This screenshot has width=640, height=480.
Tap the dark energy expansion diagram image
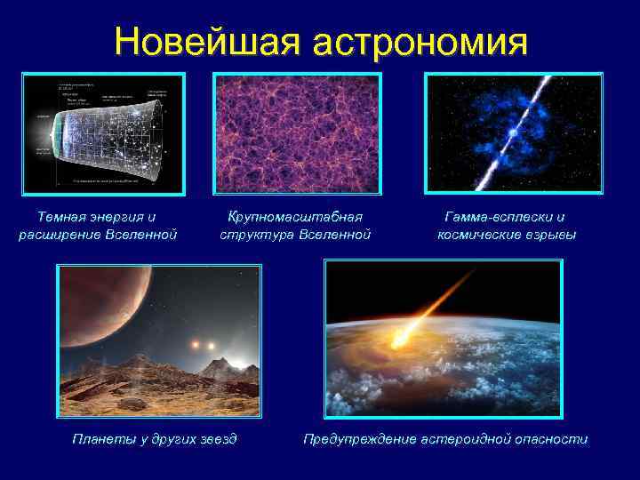point(103,133)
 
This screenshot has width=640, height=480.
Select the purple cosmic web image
point(297,133)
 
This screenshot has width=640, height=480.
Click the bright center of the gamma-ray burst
point(513,134)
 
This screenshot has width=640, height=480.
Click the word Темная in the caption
point(62,217)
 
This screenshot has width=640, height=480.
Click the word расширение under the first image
point(59,235)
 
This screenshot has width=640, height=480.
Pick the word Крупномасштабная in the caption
point(295,217)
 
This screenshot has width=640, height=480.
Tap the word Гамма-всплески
point(498,217)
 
